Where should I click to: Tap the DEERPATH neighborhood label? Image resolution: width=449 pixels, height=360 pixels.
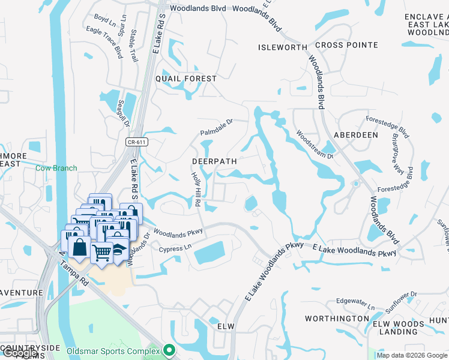[x=214, y=161]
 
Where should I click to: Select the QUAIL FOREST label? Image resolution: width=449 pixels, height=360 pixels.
[x=185, y=79]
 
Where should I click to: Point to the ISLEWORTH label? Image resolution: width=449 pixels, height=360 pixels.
[x=282, y=47]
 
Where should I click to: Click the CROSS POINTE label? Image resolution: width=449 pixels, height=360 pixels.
[x=346, y=45]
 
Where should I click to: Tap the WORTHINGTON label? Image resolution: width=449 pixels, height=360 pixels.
[x=337, y=318]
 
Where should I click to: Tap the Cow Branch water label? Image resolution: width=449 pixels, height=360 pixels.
[x=56, y=168]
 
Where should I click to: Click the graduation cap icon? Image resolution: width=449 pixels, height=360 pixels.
[x=119, y=248]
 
